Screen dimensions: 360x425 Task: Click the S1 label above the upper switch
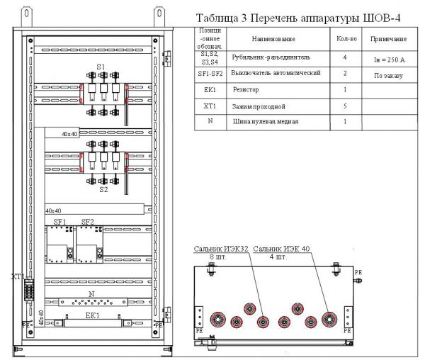[x=101, y=66]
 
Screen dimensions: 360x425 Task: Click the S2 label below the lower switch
[x=103, y=190]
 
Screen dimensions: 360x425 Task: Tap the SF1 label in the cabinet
[x=59, y=223]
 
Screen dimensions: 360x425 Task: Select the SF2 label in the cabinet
[x=88, y=223]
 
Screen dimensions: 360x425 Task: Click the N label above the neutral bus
[x=91, y=293]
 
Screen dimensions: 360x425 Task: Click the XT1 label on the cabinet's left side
[x=18, y=276]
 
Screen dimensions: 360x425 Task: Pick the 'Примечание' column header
[x=388, y=38]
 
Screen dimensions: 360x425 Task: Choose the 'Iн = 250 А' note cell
[x=388, y=60]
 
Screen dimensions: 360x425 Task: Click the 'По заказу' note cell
[x=388, y=74]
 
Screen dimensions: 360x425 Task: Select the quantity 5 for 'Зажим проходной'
[x=344, y=106]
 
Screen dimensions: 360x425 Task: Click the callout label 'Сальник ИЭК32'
[x=222, y=249]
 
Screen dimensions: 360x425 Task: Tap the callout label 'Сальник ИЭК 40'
[x=282, y=249]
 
